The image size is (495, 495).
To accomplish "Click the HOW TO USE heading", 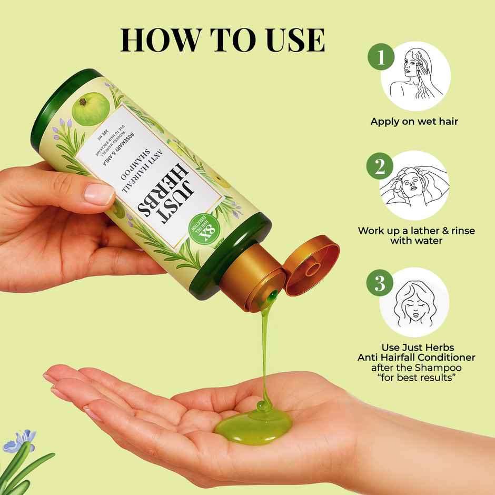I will tap(222, 40).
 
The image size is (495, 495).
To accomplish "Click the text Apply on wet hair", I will tap(414, 122).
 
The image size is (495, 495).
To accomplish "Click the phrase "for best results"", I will tap(416, 379).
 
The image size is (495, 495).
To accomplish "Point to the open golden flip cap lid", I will tap(311, 265).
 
